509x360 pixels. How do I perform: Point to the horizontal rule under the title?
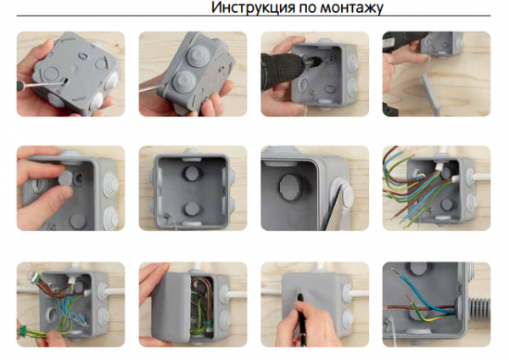[x=254, y=15]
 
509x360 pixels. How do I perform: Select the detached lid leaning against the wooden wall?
[x=432, y=94]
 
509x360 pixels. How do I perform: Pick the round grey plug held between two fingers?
[x=66, y=178]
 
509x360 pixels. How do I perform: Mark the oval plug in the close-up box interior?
[x=289, y=186]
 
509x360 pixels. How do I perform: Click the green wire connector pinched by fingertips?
[x=23, y=332]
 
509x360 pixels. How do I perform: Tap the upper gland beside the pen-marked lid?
[x=347, y=289]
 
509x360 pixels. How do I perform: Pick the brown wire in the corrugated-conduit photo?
[x=419, y=307]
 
